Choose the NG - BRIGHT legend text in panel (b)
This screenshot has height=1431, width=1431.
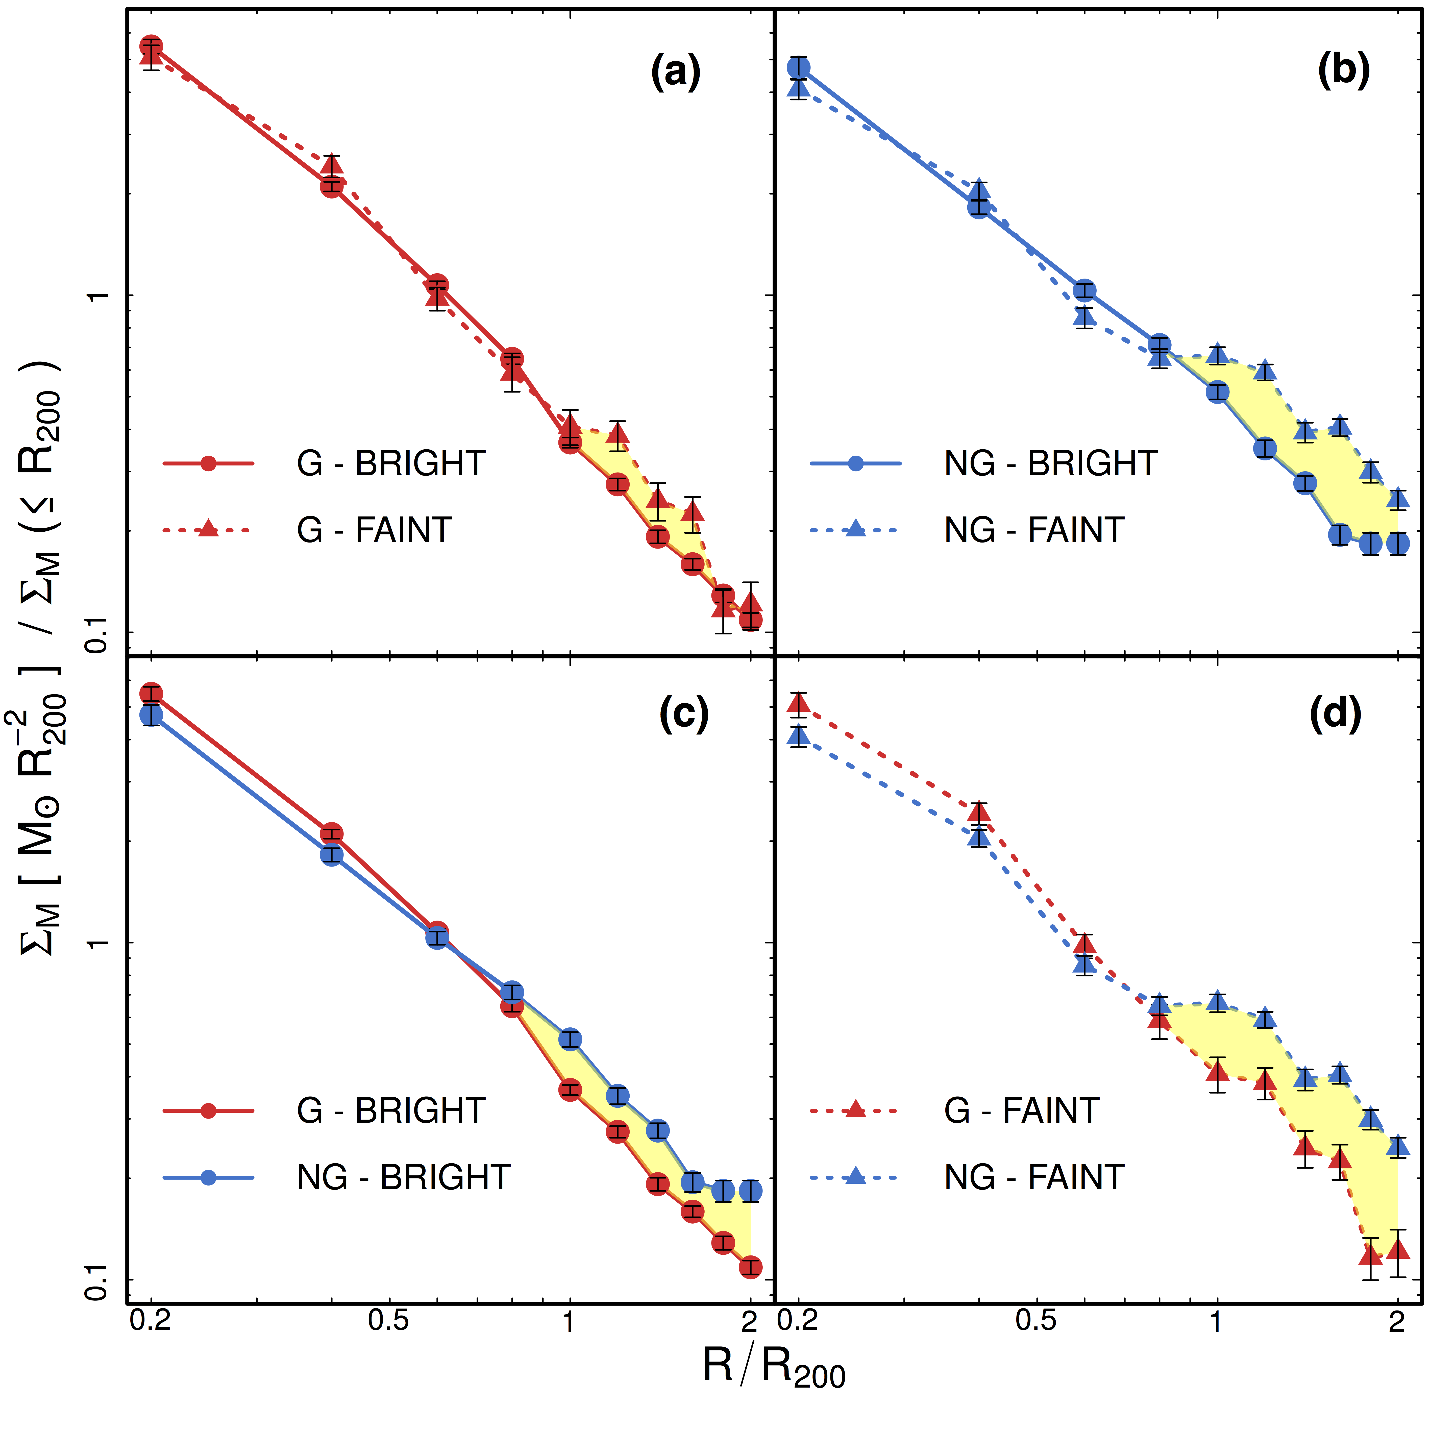click(1050, 464)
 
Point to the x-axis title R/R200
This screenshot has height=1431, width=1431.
click(774, 1367)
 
